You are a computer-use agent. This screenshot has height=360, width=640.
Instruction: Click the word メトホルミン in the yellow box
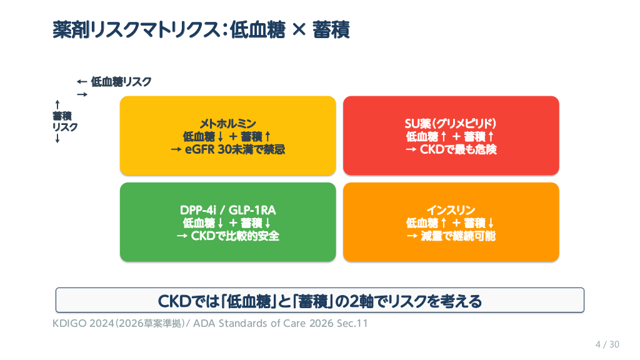pos(227,123)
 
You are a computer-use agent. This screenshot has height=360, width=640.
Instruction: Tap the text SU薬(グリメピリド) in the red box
pos(451,123)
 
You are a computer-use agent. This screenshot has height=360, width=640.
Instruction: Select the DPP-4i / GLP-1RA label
pos(227,210)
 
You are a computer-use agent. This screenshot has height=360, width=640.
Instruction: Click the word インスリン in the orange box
pos(451,210)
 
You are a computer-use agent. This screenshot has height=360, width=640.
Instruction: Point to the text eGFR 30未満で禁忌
pos(235,149)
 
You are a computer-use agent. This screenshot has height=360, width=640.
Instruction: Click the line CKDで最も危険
pos(458,149)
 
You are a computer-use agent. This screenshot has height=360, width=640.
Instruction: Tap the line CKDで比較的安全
pos(235,236)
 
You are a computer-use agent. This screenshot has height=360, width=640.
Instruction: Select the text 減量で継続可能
pos(458,236)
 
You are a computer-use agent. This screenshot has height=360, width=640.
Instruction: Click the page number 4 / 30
pos(607,344)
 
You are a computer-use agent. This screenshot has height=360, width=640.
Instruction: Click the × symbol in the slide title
pos(299,30)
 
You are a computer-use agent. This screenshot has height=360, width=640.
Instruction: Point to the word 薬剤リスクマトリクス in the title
pos(136,30)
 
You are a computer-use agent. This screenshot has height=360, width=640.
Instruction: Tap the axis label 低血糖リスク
pos(121,82)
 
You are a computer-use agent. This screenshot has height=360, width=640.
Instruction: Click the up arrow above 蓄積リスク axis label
pos(57,105)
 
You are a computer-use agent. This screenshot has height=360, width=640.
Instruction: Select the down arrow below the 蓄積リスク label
pos(57,139)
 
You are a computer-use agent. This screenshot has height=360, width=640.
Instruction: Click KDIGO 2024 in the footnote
pos(83,323)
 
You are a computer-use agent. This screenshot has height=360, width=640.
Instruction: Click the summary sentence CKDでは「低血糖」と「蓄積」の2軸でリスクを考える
pos(319,301)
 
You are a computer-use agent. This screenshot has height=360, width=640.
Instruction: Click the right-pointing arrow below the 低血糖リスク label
pos(82,95)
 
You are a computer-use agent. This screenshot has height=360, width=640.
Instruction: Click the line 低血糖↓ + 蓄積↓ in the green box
pos(227,223)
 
